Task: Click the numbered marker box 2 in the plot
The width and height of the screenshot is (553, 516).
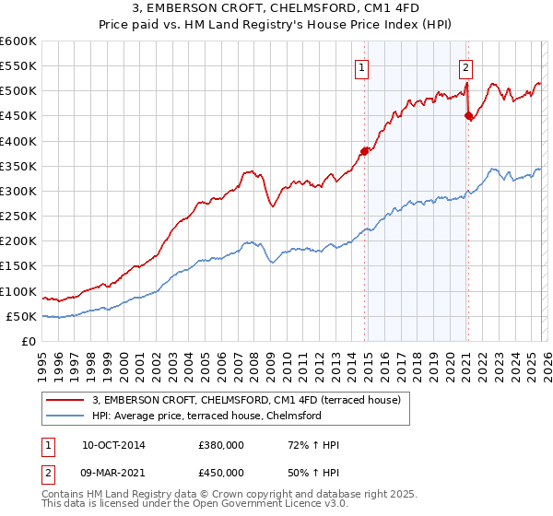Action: click(x=466, y=67)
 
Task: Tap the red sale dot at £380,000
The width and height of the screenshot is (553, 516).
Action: click(x=365, y=151)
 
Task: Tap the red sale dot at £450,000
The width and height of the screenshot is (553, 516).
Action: click(x=469, y=116)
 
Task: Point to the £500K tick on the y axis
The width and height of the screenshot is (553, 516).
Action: click(x=18, y=91)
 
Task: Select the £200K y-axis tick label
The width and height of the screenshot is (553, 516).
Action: click(x=18, y=241)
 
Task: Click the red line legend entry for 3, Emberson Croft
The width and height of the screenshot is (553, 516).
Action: click(x=246, y=400)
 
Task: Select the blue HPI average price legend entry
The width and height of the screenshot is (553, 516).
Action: click(x=206, y=416)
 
